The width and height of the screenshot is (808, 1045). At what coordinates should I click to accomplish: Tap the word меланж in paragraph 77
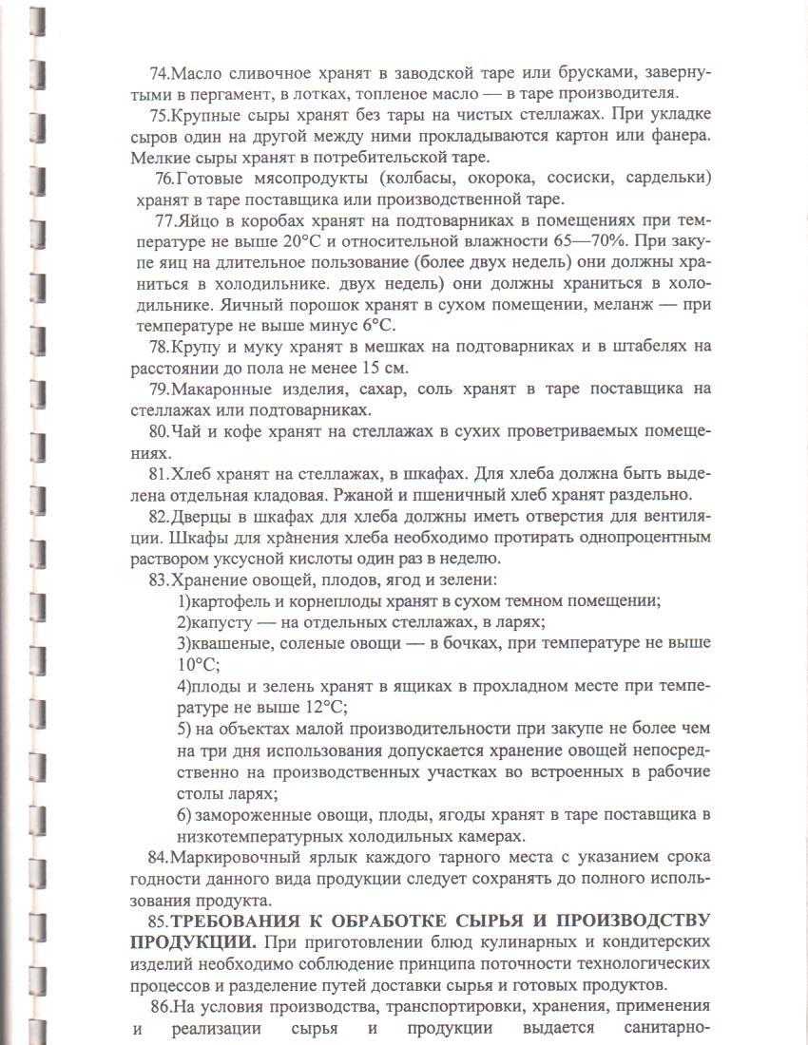point(620,305)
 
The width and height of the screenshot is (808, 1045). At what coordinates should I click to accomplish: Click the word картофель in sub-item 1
point(232,600)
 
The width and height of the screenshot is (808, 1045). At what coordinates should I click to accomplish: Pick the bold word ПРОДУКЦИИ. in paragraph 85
point(192,942)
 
